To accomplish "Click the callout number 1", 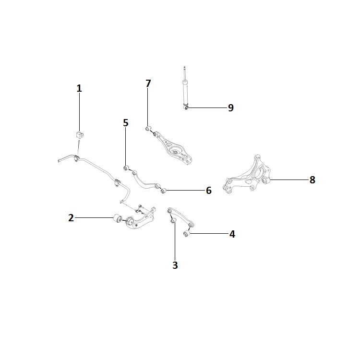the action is [x=79, y=88].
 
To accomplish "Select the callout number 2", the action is [x=71, y=217].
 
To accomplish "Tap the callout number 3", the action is [x=175, y=265].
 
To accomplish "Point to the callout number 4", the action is [x=232, y=234].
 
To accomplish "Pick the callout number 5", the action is [x=125, y=123].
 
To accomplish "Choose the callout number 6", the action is [x=208, y=191].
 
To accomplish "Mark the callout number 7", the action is [x=148, y=84].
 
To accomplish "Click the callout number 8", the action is [x=312, y=180].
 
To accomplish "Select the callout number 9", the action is [x=231, y=108].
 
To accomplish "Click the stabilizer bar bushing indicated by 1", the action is [x=80, y=135].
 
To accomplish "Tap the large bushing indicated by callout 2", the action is [x=118, y=218].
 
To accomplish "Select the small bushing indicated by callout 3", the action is [x=173, y=220].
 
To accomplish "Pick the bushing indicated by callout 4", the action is [x=187, y=234].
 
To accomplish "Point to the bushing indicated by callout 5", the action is [x=126, y=168].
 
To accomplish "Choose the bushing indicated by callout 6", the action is [x=163, y=191].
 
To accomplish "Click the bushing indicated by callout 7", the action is [x=148, y=128].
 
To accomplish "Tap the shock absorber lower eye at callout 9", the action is [x=186, y=107].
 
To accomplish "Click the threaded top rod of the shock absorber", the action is [x=184, y=73].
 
